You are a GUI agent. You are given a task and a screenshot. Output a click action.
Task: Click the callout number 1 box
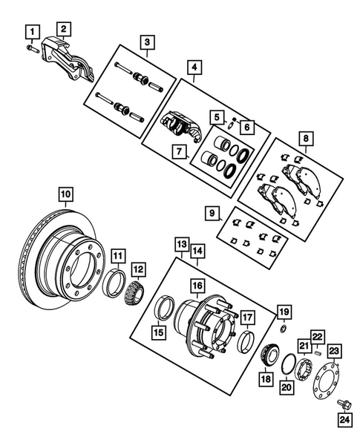pyautogui.click(x=31, y=31)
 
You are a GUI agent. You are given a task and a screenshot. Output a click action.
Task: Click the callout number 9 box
pyautogui.click(x=213, y=214)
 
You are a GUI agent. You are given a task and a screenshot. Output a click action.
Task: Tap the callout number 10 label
pyautogui.click(x=66, y=195)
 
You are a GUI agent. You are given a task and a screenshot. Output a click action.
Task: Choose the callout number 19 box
pyautogui.click(x=283, y=311)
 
